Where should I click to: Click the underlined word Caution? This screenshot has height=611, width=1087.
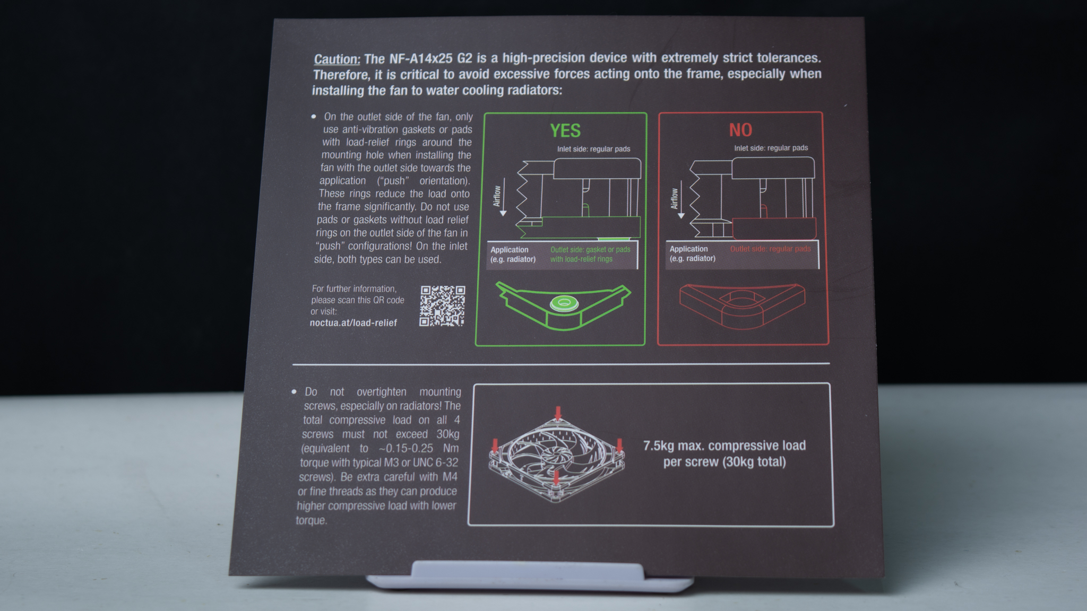(x=337, y=59)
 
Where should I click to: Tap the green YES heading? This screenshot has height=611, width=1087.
(x=565, y=130)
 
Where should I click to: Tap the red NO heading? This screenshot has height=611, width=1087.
(x=740, y=130)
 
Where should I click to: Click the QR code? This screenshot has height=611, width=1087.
(x=442, y=306)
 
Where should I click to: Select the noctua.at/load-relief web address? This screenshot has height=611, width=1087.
(x=353, y=322)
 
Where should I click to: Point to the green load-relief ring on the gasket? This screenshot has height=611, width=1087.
(x=564, y=303)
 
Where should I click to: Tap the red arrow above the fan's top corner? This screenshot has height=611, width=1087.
(x=557, y=413)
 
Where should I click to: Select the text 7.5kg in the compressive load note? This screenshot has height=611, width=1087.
(x=658, y=446)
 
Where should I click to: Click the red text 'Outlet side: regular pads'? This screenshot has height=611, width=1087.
(x=770, y=249)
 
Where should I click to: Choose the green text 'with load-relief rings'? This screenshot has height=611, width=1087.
(x=581, y=259)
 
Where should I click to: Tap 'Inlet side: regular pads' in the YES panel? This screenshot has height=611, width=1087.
(x=593, y=149)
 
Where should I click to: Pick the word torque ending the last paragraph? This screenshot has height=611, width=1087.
(x=312, y=520)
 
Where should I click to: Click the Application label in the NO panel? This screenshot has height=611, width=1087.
(x=688, y=249)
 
